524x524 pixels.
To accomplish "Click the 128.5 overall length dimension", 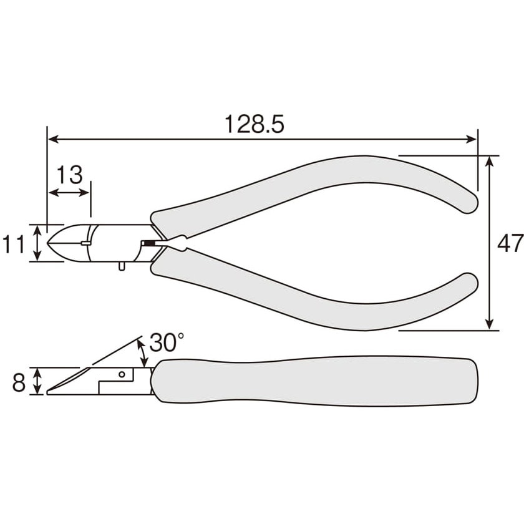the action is (255, 124).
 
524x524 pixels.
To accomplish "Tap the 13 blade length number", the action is (69, 175).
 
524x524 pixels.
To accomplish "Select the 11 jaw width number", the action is (13, 244).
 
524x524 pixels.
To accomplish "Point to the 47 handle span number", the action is (510, 243).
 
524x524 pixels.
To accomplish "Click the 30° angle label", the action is (167, 342).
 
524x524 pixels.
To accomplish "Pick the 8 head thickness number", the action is (18, 382).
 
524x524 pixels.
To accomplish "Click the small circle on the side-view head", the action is (122, 374).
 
